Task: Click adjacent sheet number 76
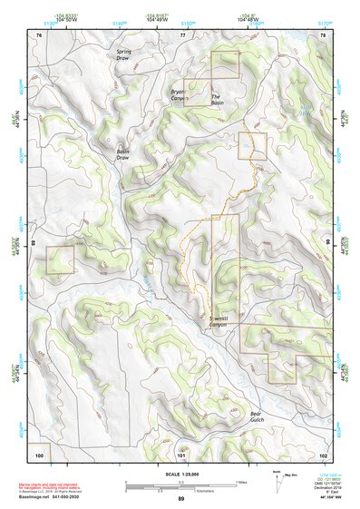(39, 34)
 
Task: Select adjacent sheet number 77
(181, 34)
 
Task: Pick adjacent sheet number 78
(323, 34)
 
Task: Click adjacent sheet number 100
(39, 454)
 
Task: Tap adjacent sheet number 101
(181, 454)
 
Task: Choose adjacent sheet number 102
(323, 454)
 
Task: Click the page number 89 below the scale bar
(181, 499)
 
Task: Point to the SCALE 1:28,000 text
(181, 474)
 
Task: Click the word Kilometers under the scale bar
(185, 489)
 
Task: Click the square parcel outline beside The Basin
(224, 65)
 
